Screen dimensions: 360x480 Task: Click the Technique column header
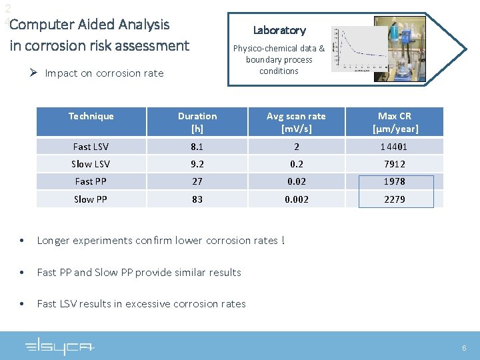pyautogui.click(x=91, y=116)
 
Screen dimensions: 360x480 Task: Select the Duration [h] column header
pyautogui.click(x=197, y=122)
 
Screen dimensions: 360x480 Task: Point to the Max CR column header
pyautogui.click(x=395, y=122)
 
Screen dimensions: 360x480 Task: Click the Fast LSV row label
pyautogui.click(x=91, y=147)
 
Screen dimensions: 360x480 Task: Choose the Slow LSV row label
pyautogui.click(x=91, y=164)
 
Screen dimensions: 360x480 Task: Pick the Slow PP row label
pyautogui.click(x=91, y=199)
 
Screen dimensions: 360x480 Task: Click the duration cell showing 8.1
pyautogui.click(x=197, y=147)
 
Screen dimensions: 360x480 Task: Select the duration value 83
pyautogui.click(x=197, y=199)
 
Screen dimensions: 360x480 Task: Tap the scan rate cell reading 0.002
pyautogui.click(x=296, y=199)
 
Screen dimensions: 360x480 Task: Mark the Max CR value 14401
pyautogui.click(x=395, y=147)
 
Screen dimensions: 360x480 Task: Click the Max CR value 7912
pyautogui.click(x=395, y=164)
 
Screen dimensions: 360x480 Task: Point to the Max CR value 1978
pyautogui.click(x=395, y=181)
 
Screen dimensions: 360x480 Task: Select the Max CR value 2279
pyautogui.click(x=395, y=199)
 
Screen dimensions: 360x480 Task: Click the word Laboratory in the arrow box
pyautogui.click(x=279, y=30)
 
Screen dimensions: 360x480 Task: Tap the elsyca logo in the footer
pyautogui.click(x=60, y=347)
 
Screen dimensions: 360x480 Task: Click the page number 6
pyautogui.click(x=464, y=348)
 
